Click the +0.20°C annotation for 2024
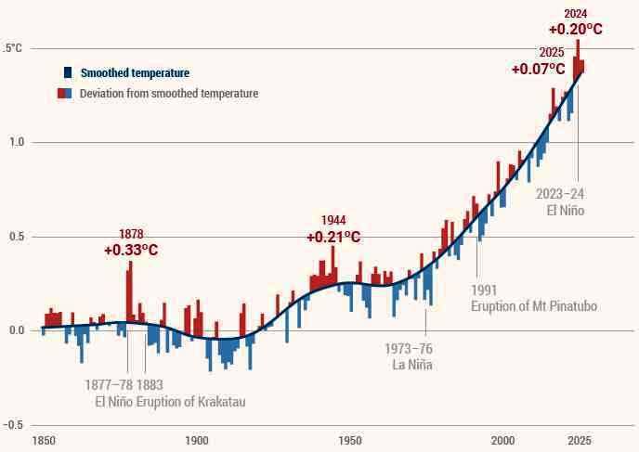coord(575,30)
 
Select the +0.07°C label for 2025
coord(539,70)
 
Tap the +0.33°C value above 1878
coord(131,250)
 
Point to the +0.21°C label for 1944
coord(333,237)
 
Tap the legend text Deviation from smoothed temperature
coord(168,94)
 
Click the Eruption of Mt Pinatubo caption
coord(533,306)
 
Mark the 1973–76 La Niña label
coord(408,356)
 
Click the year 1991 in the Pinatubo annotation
coord(486,289)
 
